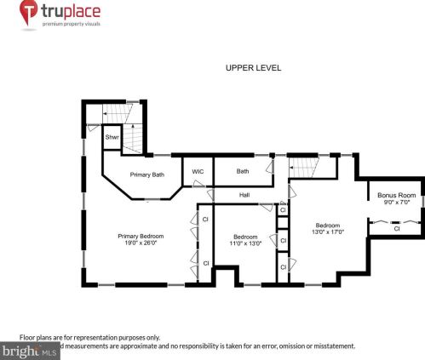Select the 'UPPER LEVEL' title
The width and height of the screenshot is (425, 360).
click(x=253, y=68)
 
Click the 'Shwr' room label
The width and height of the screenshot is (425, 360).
click(x=112, y=137)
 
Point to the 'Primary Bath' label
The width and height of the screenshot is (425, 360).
click(x=146, y=174)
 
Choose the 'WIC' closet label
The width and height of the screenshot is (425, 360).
click(x=198, y=171)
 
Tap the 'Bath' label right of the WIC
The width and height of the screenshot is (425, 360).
click(x=243, y=171)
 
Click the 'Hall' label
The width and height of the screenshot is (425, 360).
click(x=244, y=195)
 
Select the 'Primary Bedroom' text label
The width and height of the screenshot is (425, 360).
click(x=141, y=236)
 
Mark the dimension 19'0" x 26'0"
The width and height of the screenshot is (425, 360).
click(x=141, y=243)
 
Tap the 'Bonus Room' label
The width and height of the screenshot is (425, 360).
click(x=396, y=195)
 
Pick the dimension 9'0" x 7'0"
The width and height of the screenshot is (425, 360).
click(x=396, y=203)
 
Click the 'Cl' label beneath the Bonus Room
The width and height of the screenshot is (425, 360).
click(x=396, y=228)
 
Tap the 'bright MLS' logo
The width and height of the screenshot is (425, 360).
click(x=30, y=350)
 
